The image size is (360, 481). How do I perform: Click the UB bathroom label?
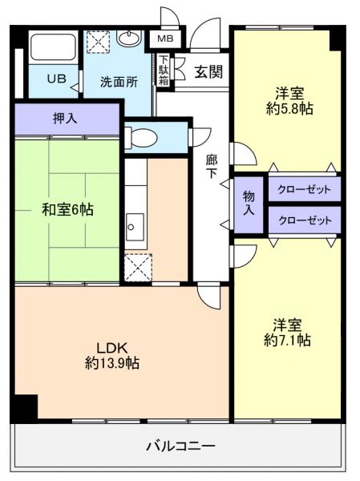click(55, 79)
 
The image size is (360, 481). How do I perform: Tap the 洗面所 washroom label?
click(119, 82)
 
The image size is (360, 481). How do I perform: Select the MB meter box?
click(164, 38)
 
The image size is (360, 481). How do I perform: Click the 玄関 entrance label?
click(208, 71)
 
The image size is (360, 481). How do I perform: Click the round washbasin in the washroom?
click(129, 38)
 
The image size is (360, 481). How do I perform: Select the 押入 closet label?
click(65, 119)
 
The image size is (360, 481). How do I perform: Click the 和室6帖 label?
click(67, 209)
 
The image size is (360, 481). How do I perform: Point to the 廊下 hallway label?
click(211, 166)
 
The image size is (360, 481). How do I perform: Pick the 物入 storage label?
click(249, 203)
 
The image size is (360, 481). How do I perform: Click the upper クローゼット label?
click(303, 190)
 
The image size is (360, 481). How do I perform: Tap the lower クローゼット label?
click(303, 220)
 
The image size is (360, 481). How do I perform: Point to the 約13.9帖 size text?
click(112, 363)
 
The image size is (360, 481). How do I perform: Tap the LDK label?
click(111, 347)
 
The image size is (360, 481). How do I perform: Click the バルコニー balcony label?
click(180, 445)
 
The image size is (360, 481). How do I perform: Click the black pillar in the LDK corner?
click(25, 408)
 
